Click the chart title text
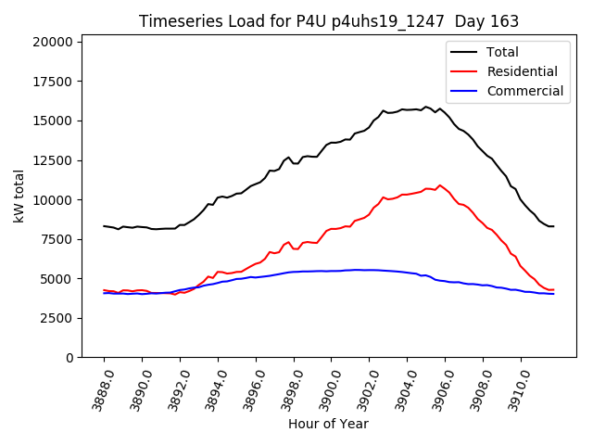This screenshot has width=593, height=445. (x=329, y=21)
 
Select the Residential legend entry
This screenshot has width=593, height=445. (x=522, y=71)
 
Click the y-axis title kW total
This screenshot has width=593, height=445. (x=19, y=197)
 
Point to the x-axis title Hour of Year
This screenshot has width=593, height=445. (x=328, y=424)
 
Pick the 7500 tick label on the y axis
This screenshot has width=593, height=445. (x=57, y=239)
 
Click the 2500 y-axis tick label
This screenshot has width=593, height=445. (x=57, y=318)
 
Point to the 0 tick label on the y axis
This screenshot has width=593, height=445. (x=69, y=358)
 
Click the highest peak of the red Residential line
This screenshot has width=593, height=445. (x=440, y=185)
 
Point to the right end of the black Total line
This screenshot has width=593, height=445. (x=553, y=226)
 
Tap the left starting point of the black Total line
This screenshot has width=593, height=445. (x=104, y=226)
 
